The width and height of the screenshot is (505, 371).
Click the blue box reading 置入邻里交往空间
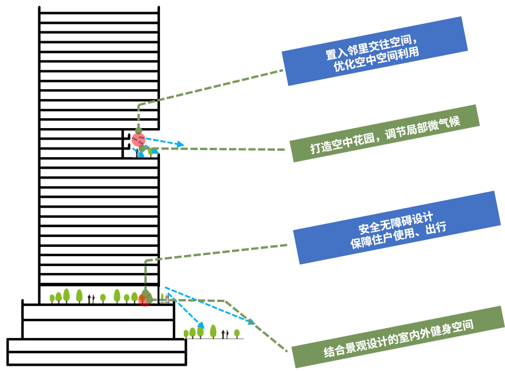pyautogui.click(x=374, y=51)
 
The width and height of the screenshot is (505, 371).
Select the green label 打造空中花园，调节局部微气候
pyautogui.click(x=385, y=133)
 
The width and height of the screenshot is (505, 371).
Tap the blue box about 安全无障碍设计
pyautogui.click(x=397, y=227)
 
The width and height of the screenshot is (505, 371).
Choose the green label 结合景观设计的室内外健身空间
pyautogui.click(x=398, y=337)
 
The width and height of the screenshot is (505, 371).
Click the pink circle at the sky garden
pyautogui.click(x=138, y=140)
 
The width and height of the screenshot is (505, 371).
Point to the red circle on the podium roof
pyautogui.click(x=144, y=300)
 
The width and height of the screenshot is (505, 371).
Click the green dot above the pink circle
pyautogui.click(x=138, y=129)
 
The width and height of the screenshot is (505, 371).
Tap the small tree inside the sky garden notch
pyautogui.click(x=151, y=152)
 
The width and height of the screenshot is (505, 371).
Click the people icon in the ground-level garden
pyautogui.click(x=224, y=333)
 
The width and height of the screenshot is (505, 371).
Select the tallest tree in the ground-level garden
pyautogui.click(x=213, y=331)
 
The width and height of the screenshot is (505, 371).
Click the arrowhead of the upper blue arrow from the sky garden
pyautogui.click(x=180, y=144)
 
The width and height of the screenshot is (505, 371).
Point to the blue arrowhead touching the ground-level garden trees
pyautogui.click(x=201, y=326)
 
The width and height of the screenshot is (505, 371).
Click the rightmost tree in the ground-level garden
pyautogui.click(x=237, y=333)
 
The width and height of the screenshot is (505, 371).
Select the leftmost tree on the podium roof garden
pyautogui.click(x=52, y=299)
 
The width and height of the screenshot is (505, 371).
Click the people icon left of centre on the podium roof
pyautogui.click(x=90, y=299)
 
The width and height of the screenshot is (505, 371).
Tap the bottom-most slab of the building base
pyautogui.click(x=96, y=359)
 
